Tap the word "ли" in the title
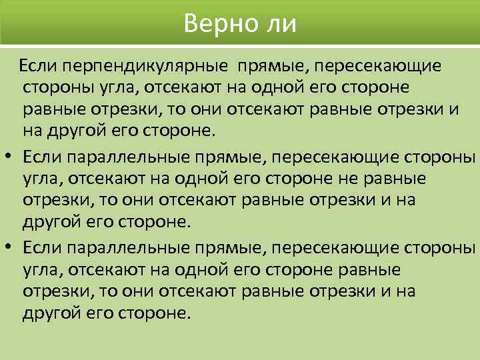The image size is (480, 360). tap(281, 25)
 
